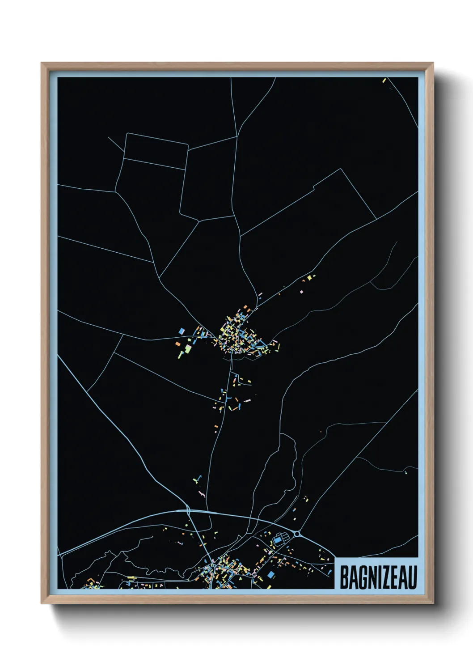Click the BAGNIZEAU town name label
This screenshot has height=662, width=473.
[378, 577]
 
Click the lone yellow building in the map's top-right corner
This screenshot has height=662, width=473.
[384, 81]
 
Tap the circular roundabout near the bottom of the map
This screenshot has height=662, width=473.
[297, 534]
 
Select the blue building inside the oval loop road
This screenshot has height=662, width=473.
[278, 540]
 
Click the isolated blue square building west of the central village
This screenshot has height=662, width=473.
[182, 331]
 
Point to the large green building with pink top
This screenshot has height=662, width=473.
[188, 348]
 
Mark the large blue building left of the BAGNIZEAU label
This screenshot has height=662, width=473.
[270, 574]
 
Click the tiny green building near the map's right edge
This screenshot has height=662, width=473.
[406, 472]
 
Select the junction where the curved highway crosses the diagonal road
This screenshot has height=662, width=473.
[189, 510]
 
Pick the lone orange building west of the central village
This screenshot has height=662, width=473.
[177, 344]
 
